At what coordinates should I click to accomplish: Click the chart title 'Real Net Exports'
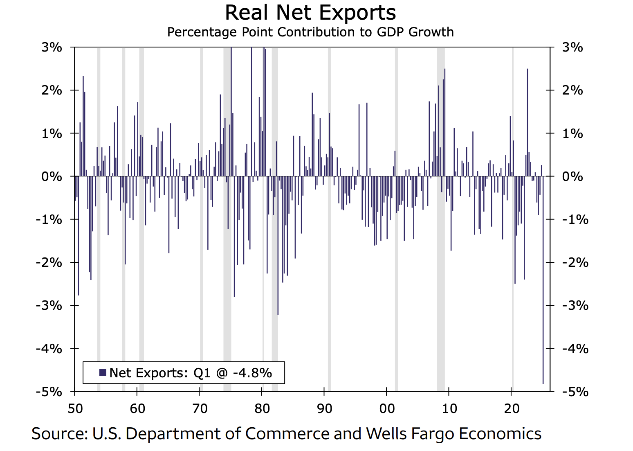[310, 13]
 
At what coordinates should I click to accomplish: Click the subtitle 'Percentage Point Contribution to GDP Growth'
[310, 32]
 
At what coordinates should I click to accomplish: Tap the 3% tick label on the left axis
[52, 47]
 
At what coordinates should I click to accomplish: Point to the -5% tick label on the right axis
[575, 392]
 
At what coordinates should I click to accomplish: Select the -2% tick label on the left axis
[49, 262]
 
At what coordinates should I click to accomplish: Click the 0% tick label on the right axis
[572, 176]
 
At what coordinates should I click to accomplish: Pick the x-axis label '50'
[75, 408]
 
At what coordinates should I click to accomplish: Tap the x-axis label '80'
[262, 408]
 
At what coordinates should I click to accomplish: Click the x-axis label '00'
[386, 408]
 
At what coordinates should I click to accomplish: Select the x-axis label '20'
[511, 408]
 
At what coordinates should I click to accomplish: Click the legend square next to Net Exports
[103, 373]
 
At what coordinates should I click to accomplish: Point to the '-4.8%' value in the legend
[252, 373]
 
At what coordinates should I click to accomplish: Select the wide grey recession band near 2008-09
[440, 246]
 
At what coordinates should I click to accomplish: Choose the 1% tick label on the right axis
[572, 133]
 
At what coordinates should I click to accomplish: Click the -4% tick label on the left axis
[49, 349]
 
